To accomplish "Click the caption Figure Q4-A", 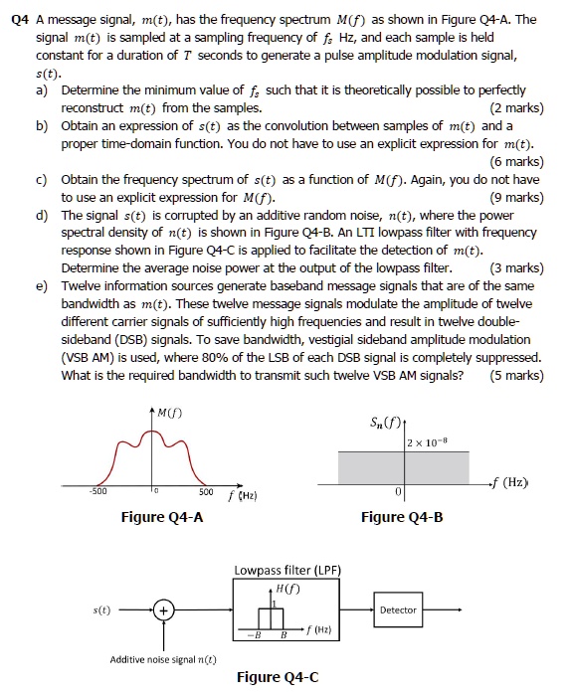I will coord(163,516).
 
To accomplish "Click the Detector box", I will coord(398,609).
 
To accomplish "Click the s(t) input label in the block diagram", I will coord(100,609).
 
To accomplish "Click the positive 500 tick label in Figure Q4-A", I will coord(204,491).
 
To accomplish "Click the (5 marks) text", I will coord(516,375).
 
